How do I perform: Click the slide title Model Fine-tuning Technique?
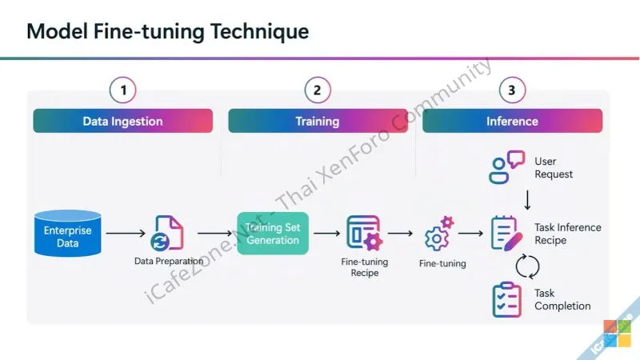(x=167, y=32)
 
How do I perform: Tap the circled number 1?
(x=123, y=90)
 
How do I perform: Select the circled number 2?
(x=317, y=90)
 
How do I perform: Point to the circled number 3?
(x=512, y=90)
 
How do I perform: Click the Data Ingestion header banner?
(x=122, y=122)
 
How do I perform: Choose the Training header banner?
(x=317, y=122)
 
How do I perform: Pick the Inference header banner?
(x=512, y=122)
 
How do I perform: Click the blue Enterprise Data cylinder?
(x=68, y=233)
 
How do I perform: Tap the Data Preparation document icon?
(x=167, y=233)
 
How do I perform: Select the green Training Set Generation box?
(x=273, y=233)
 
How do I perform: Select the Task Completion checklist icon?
(x=507, y=299)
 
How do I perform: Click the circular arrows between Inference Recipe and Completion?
(x=528, y=266)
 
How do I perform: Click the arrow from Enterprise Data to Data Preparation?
(x=126, y=233)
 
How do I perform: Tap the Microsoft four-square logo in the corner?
(x=617, y=334)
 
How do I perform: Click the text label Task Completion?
(x=562, y=299)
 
